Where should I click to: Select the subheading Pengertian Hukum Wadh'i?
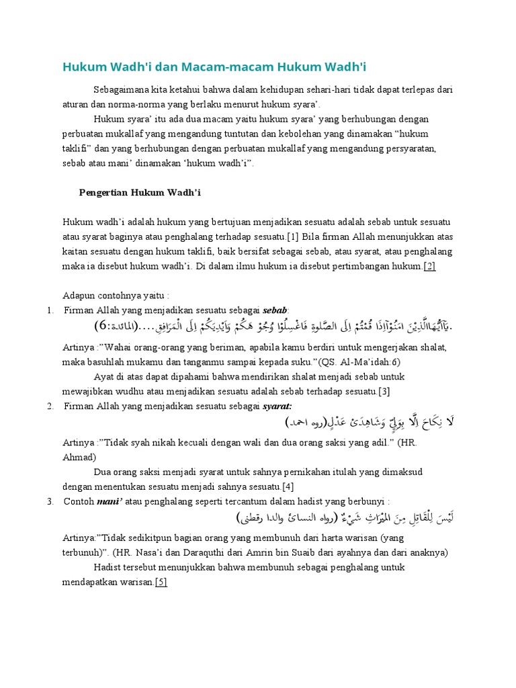(x=140, y=193)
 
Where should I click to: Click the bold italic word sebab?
(x=275, y=310)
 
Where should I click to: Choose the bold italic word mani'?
(x=111, y=501)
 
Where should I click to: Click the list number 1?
(x=50, y=310)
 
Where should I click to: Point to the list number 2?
(x=50, y=406)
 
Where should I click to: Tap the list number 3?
(x=50, y=501)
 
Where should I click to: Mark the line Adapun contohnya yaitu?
(x=116, y=296)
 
